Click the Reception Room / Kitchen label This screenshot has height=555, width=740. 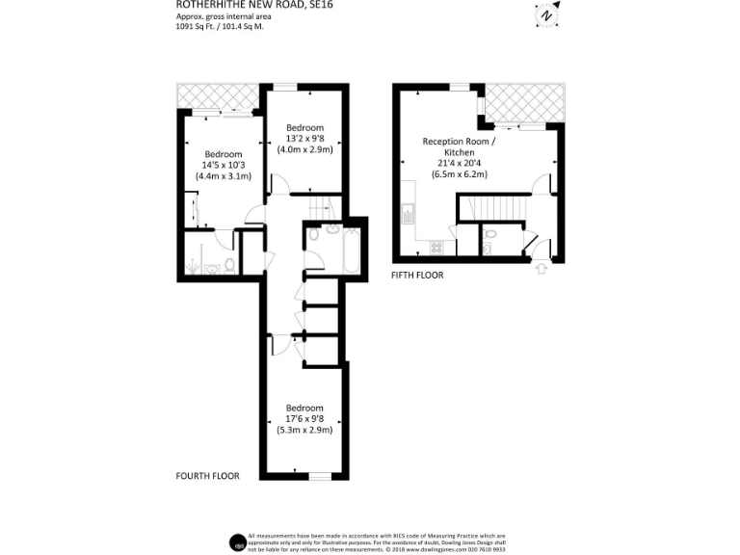pos(460,146)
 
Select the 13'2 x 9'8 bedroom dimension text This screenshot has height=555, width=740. pos(305,139)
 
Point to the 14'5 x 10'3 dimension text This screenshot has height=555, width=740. pos(223,165)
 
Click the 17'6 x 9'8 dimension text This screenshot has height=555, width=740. pos(304,418)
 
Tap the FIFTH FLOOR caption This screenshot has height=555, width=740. pos(417,276)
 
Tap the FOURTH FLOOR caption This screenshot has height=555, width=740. pos(207,476)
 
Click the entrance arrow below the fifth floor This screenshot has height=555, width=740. pos(540,268)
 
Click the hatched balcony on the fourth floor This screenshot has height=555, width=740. pos(218,97)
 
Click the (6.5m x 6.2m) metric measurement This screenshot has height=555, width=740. pos(460,174)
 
